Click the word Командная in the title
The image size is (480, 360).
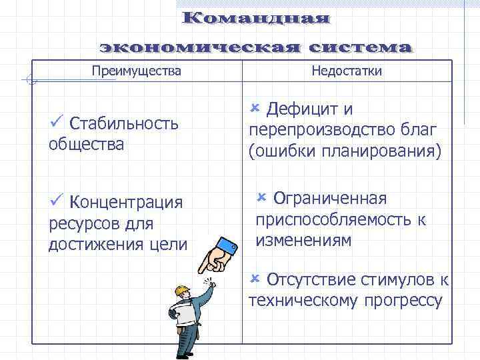[x=256, y=18]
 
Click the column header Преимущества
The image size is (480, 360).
[x=136, y=70]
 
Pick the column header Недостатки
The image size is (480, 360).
[x=347, y=71]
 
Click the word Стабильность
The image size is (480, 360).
[x=124, y=123]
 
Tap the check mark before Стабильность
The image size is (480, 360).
[x=56, y=122]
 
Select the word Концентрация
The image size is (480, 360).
[x=126, y=202]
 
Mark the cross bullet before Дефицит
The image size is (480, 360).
[x=254, y=107]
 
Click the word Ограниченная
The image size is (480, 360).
[x=330, y=199]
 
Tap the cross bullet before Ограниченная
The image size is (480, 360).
[x=261, y=197]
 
